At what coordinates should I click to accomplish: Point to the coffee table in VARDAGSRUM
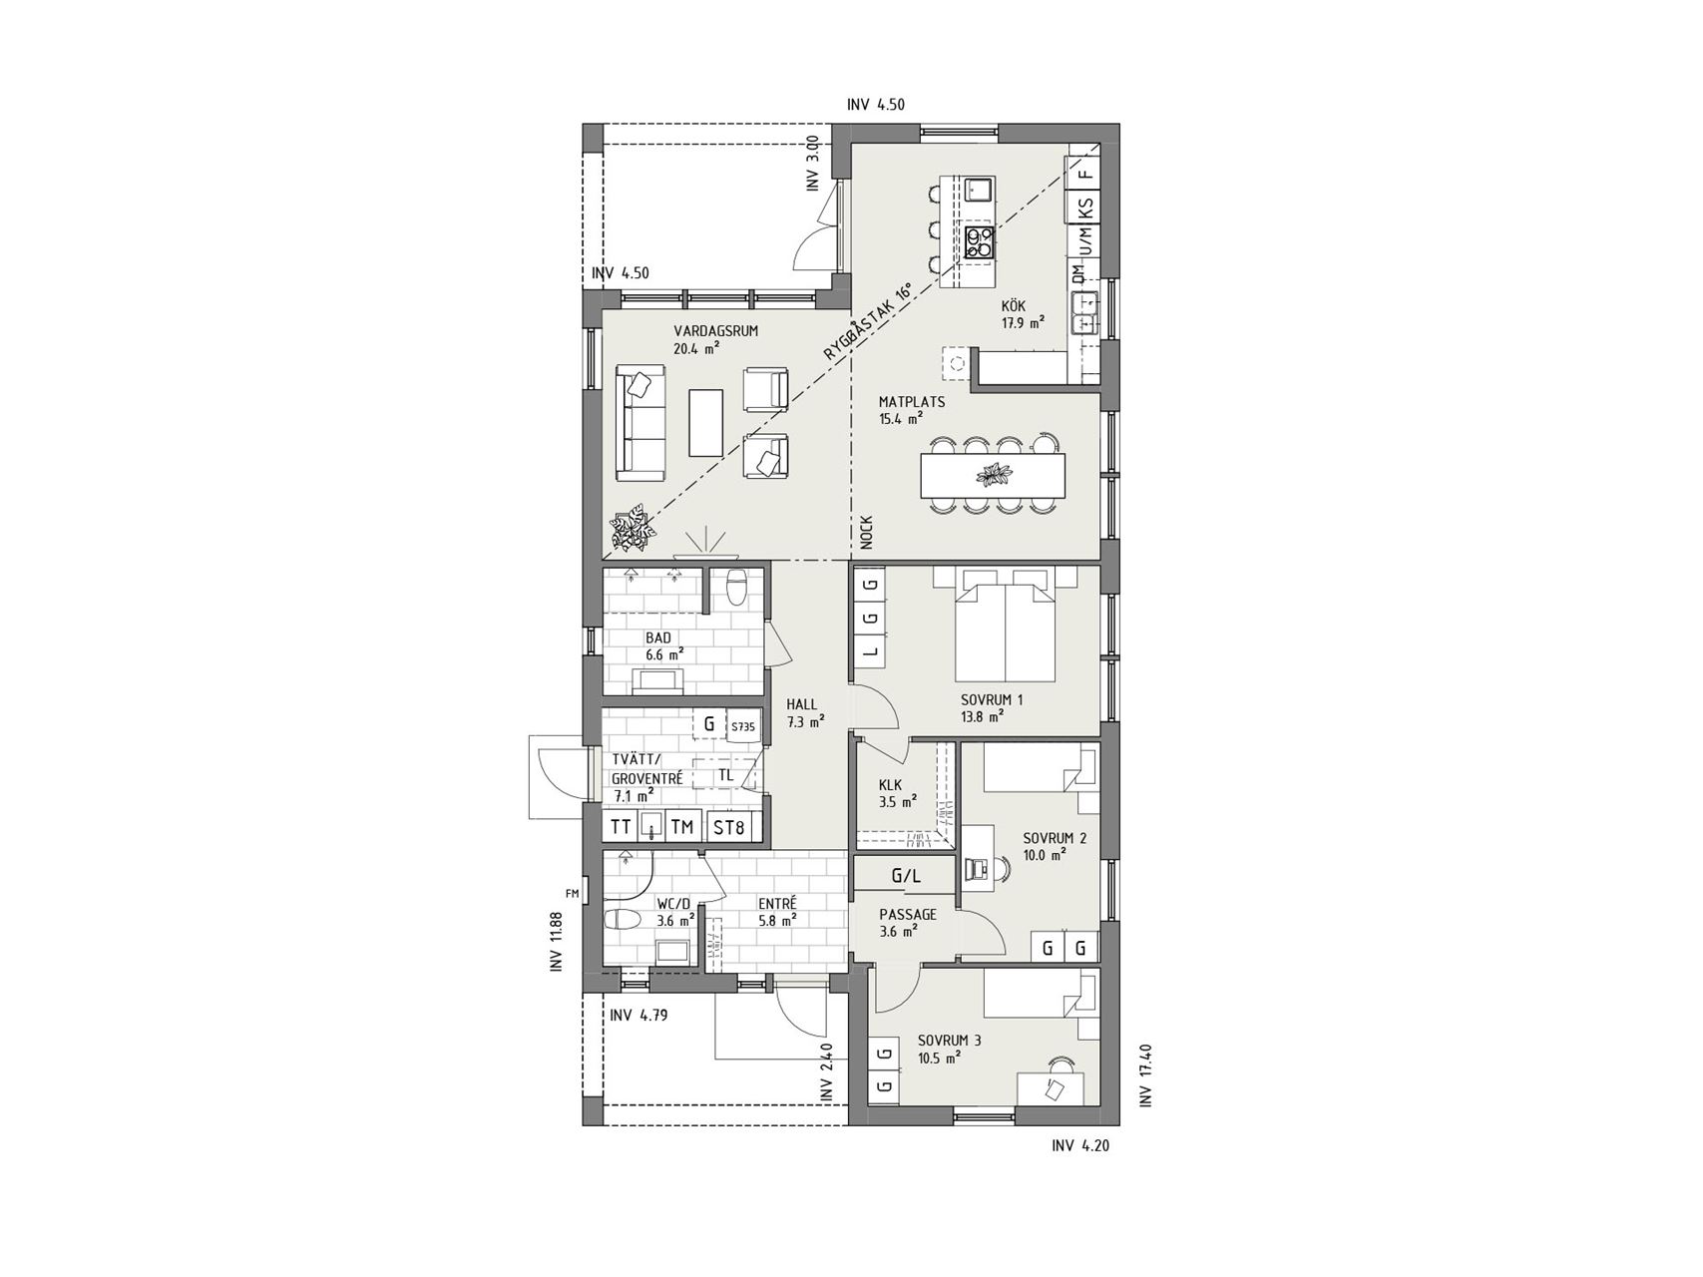706,422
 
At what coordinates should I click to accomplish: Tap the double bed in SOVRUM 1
1005,626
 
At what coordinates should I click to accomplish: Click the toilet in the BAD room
737,588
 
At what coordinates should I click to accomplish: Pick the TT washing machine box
622,826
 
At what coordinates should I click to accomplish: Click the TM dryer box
682,826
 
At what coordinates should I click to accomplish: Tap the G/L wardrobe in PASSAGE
906,877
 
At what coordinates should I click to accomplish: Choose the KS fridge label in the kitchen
1085,209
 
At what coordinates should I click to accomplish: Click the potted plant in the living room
632,529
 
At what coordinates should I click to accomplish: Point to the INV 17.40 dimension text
1144,1074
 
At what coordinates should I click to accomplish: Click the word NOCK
865,533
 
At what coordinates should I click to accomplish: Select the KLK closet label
891,785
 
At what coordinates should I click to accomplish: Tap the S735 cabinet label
743,726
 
